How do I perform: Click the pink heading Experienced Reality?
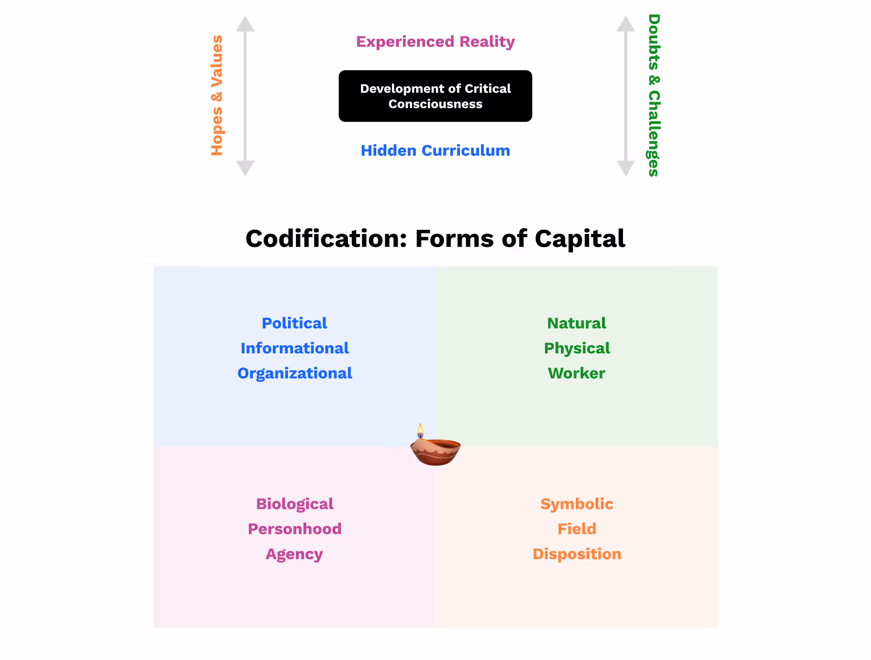point(435,42)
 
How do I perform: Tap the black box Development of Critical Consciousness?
point(435,96)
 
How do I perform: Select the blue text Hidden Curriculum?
point(435,150)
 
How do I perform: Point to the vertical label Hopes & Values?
point(217,96)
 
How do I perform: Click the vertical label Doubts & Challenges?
point(654,96)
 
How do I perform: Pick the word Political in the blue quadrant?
point(294,323)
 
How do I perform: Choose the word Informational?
point(294,348)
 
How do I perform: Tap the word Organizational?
point(294,373)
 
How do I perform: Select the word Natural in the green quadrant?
point(577,323)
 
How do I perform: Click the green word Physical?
point(577,348)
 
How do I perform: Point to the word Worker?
point(577,373)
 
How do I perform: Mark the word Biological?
point(294,504)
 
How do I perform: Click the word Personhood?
point(294,529)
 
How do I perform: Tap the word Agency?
point(294,554)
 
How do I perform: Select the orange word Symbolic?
point(577,504)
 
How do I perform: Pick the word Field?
point(577,529)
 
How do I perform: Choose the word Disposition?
point(577,554)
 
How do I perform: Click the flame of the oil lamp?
point(420,431)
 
